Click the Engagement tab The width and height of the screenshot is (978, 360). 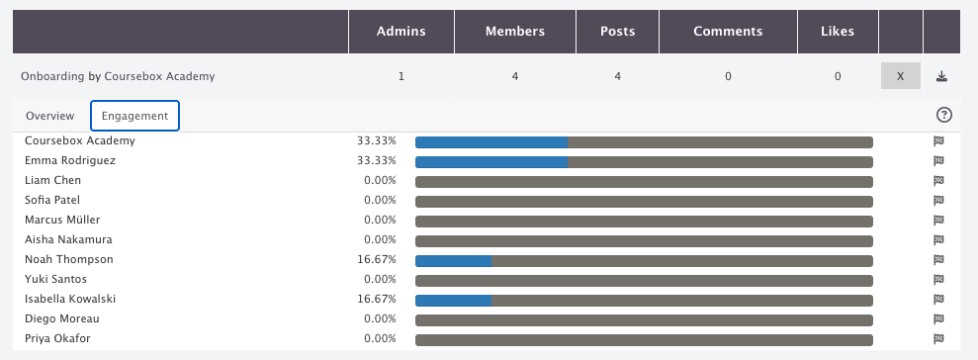[x=134, y=116]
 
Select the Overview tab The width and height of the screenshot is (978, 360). [x=49, y=116]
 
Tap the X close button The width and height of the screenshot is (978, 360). [x=901, y=76]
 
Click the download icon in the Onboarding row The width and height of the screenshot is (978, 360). [x=941, y=76]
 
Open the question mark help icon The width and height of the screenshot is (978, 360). [x=944, y=115]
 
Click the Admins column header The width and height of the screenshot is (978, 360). [x=401, y=32]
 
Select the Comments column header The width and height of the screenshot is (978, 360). [x=728, y=32]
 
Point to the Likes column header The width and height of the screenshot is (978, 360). [x=838, y=32]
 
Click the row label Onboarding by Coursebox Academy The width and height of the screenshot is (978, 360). [x=118, y=76]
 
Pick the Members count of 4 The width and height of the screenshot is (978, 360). [x=514, y=77]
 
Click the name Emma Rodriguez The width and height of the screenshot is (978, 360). [x=70, y=160]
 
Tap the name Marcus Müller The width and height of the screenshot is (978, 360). [x=62, y=220]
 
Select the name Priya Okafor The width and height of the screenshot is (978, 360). [x=57, y=339]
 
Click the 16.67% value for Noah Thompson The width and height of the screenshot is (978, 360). [x=377, y=259]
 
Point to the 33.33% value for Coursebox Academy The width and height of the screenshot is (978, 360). [x=377, y=141]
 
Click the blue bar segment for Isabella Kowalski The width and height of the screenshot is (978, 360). [x=454, y=301]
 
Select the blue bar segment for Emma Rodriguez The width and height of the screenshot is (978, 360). [x=491, y=162]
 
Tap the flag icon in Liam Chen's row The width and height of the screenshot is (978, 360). [x=938, y=180]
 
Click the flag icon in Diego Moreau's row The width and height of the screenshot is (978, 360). [x=938, y=318]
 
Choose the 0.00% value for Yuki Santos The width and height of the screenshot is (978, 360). [x=380, y=280]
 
